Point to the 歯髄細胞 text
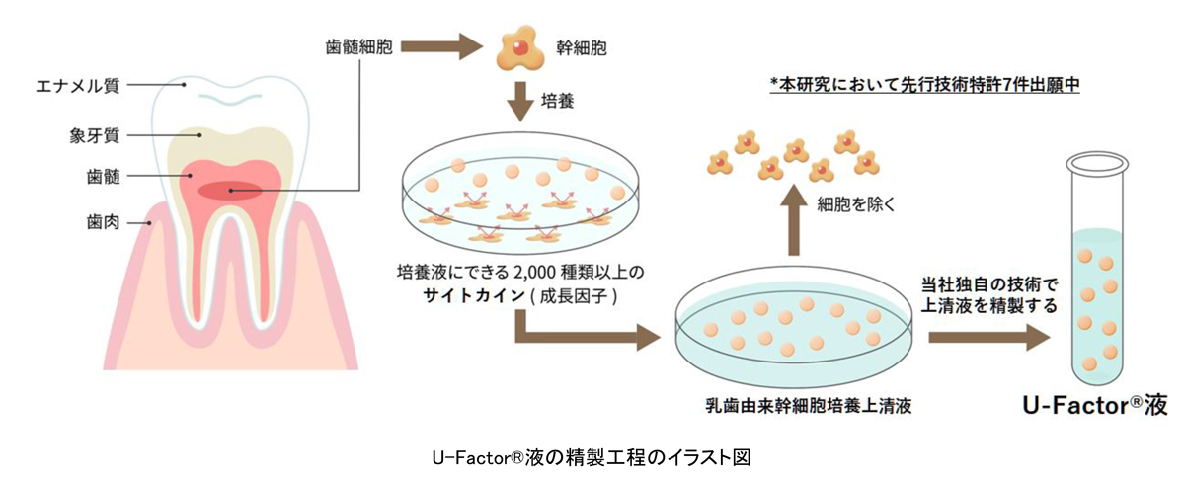coord(360,47)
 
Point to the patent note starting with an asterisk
coord(925,86)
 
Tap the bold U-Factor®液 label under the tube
coord(1093,404)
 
